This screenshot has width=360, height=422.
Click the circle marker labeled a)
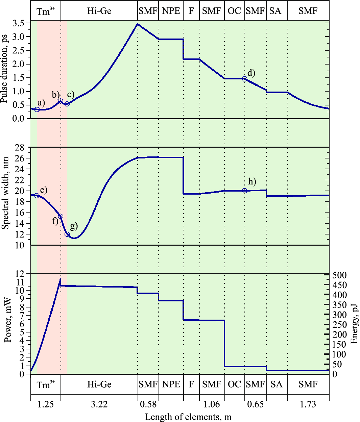click(37, 109)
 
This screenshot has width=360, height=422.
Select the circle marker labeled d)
click(244, 79)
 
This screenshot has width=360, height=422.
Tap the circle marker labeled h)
click(244, 191)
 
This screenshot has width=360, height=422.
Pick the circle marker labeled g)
click(67, 234)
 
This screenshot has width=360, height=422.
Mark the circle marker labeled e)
click(37, 195)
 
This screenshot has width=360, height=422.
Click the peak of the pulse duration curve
click(137, 24)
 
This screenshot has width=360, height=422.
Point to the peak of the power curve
click(61, 279)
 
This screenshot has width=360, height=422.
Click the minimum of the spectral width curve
click(74, 239)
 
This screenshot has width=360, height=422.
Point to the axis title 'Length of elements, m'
click(188, 417)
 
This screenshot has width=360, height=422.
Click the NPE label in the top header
click(171, 11)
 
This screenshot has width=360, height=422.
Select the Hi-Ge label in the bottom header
click(99, 384)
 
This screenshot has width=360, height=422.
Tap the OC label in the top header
click(234, 11)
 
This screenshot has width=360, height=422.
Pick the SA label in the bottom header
click(277, 384)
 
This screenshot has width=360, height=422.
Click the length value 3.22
click(99, 404)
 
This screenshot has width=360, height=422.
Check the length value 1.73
click(308, 404)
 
